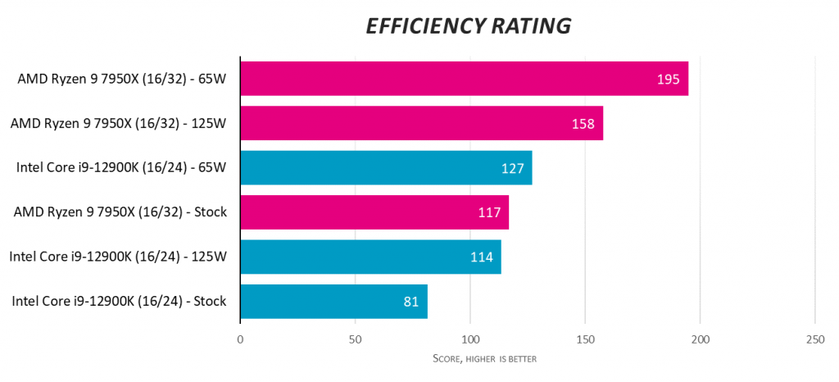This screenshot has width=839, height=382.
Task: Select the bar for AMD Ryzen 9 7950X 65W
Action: [464, 79]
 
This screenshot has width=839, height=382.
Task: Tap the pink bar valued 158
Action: [421, 123]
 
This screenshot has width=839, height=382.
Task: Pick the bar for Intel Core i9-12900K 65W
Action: [386, 168]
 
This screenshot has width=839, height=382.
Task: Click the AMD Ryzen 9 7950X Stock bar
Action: [374, 212]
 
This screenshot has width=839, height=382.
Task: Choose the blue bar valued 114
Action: [370, 257]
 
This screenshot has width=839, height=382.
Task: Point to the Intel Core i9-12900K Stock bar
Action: [333, 301]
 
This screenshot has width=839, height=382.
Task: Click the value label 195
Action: [669, 80]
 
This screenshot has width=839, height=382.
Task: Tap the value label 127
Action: [512, 168]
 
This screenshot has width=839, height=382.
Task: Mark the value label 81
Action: [412, 302]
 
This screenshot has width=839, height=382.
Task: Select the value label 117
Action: [489, 212]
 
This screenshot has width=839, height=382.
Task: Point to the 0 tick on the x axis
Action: [240, 339]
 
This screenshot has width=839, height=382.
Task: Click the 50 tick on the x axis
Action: [355, 339]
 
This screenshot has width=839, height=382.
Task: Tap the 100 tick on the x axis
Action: [470, 339]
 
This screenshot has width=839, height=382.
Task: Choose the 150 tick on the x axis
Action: [585, 339]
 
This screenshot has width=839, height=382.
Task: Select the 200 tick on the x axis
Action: [700, 339]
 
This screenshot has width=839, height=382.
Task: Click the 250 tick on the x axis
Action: [814, 339]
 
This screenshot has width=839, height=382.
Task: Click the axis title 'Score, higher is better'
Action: [484, 359]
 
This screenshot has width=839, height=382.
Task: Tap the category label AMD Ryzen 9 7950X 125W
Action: [118, 123]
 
